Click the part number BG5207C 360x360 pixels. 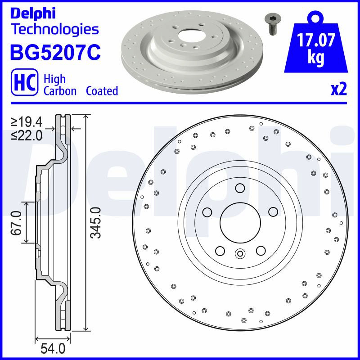(x=55, y=52)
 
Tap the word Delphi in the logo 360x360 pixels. (x=33, y=14)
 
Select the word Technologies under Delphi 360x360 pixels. (x=55, y=30)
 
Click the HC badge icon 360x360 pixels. (x=24, y=82)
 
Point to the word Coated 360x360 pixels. (x=102, y=91)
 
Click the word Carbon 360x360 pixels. (x=60, y=91)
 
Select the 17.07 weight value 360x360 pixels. (x=316, y=40)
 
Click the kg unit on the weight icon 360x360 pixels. (x=316, y=58)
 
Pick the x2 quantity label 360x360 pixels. (x=339, y=90)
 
